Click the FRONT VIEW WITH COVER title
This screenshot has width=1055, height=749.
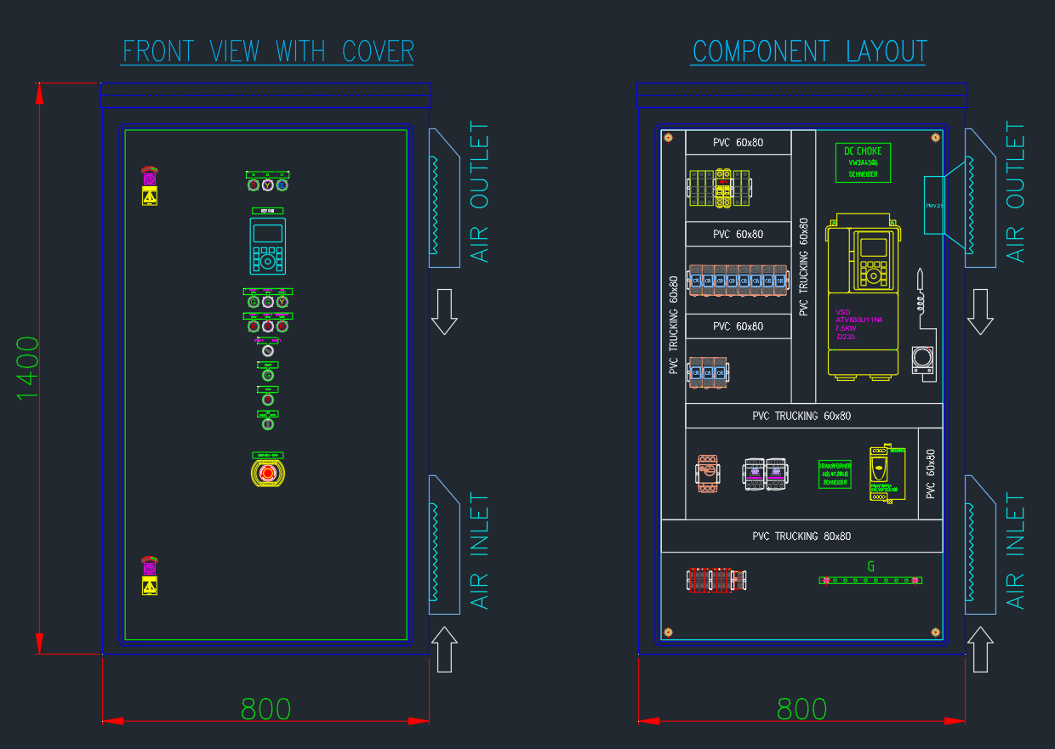click(x=268, y=52)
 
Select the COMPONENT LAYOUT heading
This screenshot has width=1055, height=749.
click(x=808, y=52)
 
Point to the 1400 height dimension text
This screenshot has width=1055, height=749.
click(x=28, y=369)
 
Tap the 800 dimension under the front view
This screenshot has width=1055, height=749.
click(x=265, y=709)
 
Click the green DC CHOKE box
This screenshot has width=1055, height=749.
click(x=863, y=162)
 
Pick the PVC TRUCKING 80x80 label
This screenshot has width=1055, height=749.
click(x=801, y=536)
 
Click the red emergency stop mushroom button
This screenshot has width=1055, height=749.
click(x=267, y=474)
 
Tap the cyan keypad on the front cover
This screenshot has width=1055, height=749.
click(x=267, y=246)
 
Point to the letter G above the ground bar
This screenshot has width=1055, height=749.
click(x=870, y=566)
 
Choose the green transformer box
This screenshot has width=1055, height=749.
click(x=834, y=474)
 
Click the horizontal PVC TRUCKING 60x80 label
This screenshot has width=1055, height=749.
click(x=801, y=416)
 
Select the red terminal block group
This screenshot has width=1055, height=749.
click(x=716, y=580)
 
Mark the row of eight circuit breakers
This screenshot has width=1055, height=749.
click(x=737, y=280)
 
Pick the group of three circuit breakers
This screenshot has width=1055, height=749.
click(x=708, y=373)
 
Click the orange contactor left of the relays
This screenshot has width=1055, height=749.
click(x=707, y=474)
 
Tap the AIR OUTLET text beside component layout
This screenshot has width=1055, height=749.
click(x=1016, y=192)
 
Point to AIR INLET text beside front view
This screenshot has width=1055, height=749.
click(x=481, y=551)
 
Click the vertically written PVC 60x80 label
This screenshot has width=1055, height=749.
click(x=931, y=474)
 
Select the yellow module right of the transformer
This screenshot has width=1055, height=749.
click(x=886, y=474)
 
